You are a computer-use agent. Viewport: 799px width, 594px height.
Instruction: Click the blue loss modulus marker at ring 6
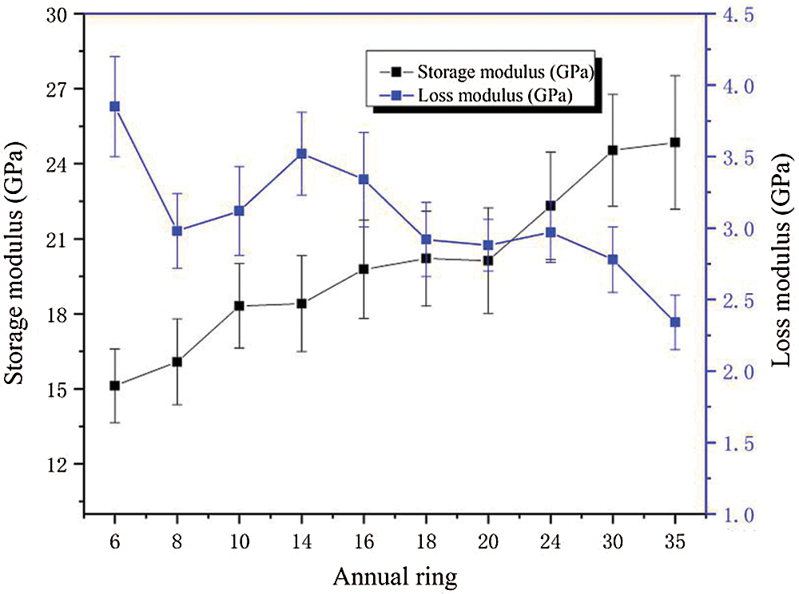tap(114, 106)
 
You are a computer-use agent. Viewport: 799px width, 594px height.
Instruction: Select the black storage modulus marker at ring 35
tap(675, 142)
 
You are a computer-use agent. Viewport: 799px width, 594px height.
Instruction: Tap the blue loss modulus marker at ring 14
tap(301, 153)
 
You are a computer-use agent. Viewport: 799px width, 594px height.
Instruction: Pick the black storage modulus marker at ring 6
tap(114, 386)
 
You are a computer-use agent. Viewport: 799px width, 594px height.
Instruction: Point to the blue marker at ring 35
tap(675, 322)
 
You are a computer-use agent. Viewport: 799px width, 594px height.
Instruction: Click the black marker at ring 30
tap(613, 150)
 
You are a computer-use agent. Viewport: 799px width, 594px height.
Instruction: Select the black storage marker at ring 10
tap(239, 306)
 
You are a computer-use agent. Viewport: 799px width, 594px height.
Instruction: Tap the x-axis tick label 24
tap(551, 540)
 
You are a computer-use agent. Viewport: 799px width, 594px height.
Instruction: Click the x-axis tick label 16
tap(364, 540)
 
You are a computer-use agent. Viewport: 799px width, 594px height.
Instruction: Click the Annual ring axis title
tap(396, 574)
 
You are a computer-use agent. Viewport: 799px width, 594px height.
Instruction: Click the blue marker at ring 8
tap(177, 231)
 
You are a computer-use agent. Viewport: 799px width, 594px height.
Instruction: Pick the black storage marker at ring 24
tap(551, 205)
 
